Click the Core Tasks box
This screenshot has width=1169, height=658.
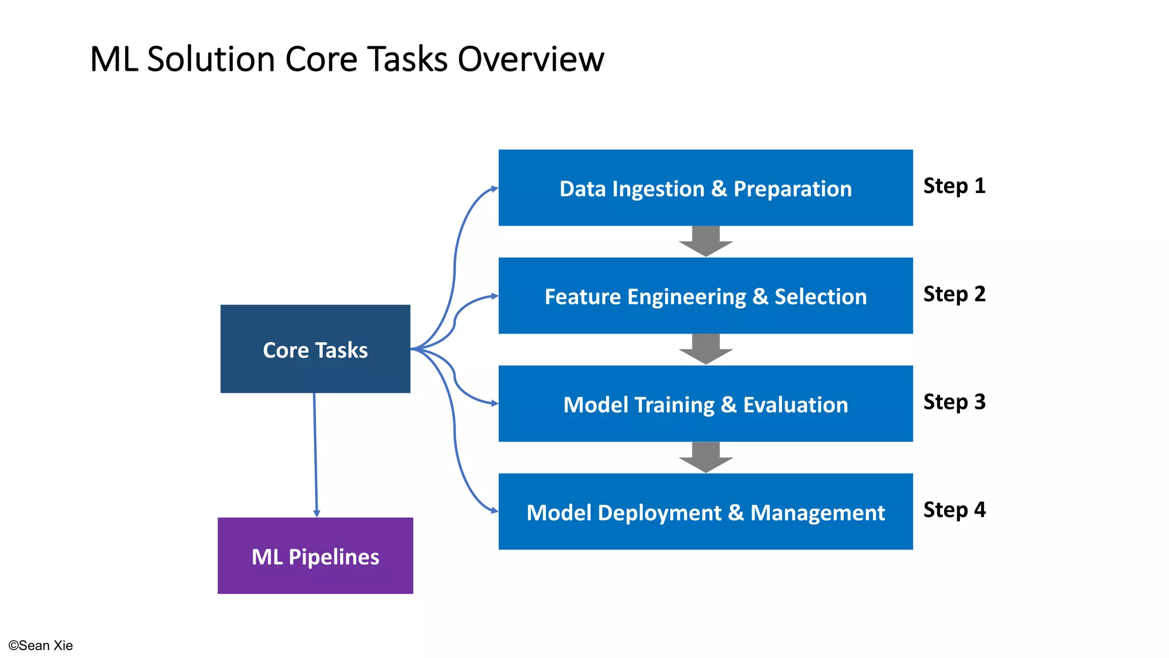[315, 349]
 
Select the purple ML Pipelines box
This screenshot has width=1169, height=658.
[315, 556]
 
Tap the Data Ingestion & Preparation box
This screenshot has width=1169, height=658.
[706, 188]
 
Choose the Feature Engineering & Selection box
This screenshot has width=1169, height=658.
[706, 296]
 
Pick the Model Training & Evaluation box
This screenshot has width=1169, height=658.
[706, 404]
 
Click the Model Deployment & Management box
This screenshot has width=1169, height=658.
[706, 512]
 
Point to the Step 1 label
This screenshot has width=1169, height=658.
[954, 186]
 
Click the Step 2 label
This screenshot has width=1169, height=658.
[954, 294]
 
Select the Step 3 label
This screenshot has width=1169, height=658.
[954, 402]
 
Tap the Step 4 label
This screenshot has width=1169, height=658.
[954, 509]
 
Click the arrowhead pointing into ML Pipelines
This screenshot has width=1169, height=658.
[317, 513]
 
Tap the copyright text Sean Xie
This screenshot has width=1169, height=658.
[41, 645]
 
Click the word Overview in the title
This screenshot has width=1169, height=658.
[530, 59]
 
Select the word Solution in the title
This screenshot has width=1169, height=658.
[211, 59]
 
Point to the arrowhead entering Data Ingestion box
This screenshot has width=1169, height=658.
[494, 188]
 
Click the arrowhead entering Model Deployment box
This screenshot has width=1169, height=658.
[494, 511]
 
